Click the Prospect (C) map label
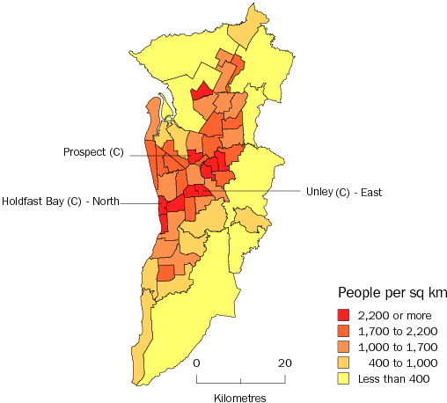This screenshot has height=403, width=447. (93, 152)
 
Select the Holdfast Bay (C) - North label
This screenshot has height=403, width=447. (61, 201)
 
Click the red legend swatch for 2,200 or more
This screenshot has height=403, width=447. (344, 315)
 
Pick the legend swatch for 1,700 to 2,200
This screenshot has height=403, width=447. (344, 331)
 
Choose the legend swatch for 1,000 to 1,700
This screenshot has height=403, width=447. (344, 347)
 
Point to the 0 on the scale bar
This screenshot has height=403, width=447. (196, 363)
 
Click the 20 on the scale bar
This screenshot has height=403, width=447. (285, 363)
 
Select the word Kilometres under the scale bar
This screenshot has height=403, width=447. (240, 398)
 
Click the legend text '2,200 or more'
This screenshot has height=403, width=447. (395, 315)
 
